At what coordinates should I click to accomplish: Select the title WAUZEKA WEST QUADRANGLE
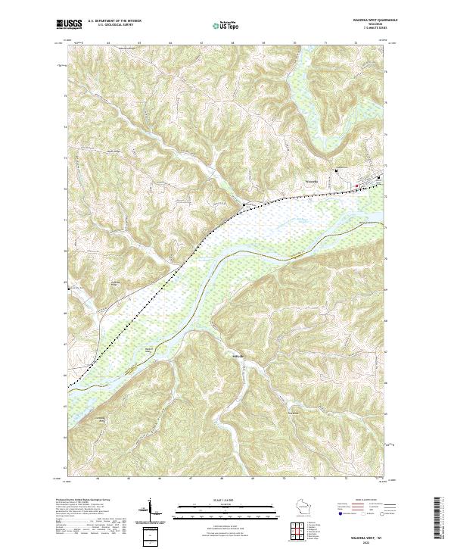click(375, 20)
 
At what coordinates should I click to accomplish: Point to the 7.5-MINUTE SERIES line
click(375, 29)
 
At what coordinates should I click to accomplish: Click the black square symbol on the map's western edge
click(69, 288)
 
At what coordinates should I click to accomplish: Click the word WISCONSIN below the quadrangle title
click(375, 25)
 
